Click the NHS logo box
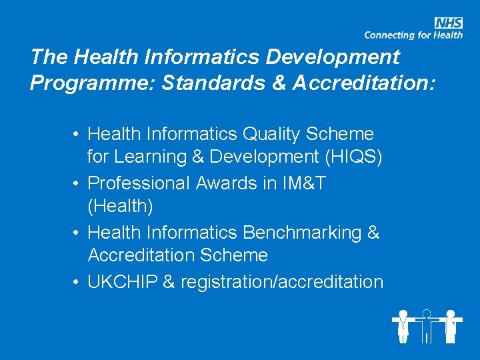[x=448, y=23]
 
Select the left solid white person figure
[x=403, y=325]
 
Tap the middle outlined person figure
[x=427, y=325]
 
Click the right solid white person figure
[x=451, y=325]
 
